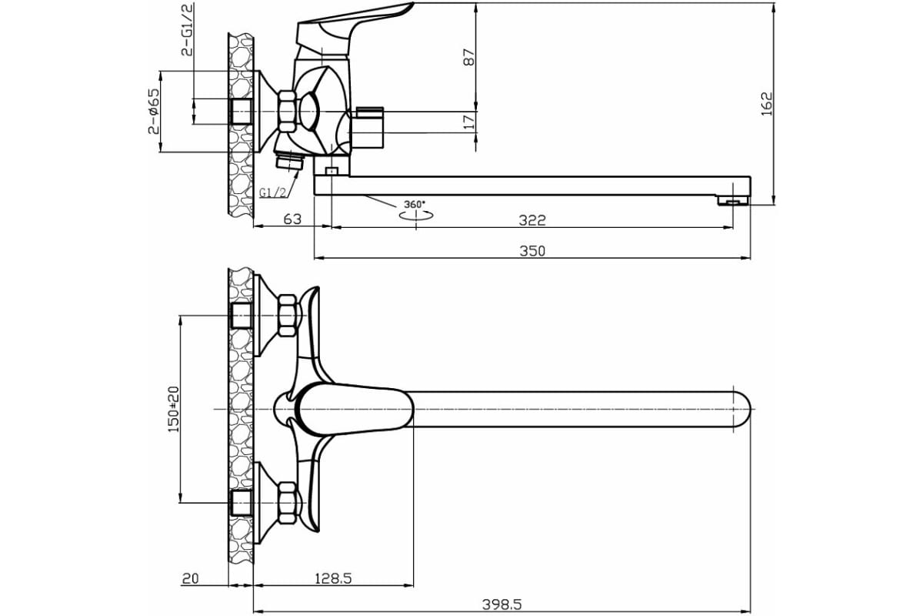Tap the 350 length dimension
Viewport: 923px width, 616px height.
pyautogui.click(x=531, y=250)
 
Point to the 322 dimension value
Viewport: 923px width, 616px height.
pyautogui.click(x=531, y=219)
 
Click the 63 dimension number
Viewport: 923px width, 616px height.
pyautogui.click(x=292, y=219)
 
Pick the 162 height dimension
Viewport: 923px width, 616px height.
pyautogui.click(x=766, y=103)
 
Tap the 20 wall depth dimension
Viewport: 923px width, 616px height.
pyautogui.click(x=192, y=577)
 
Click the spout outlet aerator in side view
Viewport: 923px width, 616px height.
pyautogui.click(x=732, y=201)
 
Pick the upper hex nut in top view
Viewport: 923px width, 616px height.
pyautogui.click(x=288, y=316)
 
